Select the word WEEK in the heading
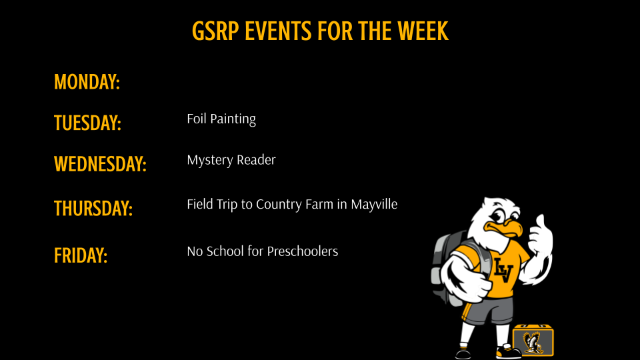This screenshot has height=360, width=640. coord(423,31)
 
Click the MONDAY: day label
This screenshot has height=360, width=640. coord(87,82)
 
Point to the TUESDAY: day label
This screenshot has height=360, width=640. coord(87,123)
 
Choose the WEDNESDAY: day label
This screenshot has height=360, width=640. coord(100,163)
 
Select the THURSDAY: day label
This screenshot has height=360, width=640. coord(93,209)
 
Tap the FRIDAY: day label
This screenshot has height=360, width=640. coord(81,255)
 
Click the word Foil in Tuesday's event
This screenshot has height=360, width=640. coord(197,119)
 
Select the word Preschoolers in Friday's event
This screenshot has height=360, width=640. coord(303,251)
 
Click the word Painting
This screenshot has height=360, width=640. coord(233,119)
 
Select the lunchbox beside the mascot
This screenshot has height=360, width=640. coord(533,341)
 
